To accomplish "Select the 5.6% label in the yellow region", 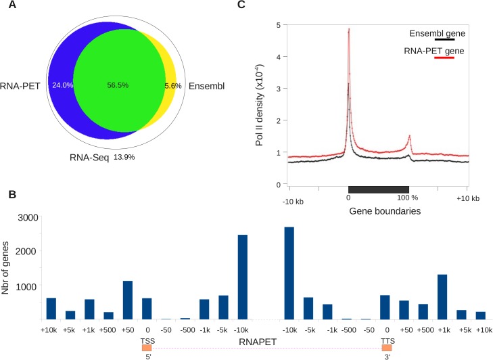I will [x=174, y=86].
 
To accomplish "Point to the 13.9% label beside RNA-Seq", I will [x=123, y=157].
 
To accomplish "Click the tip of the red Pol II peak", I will [x=348, y=29].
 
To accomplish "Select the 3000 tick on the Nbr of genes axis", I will [x=26, y=217].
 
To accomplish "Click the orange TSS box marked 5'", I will [x=147, y=347].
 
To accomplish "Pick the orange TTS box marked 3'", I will [x=386, y=347].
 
